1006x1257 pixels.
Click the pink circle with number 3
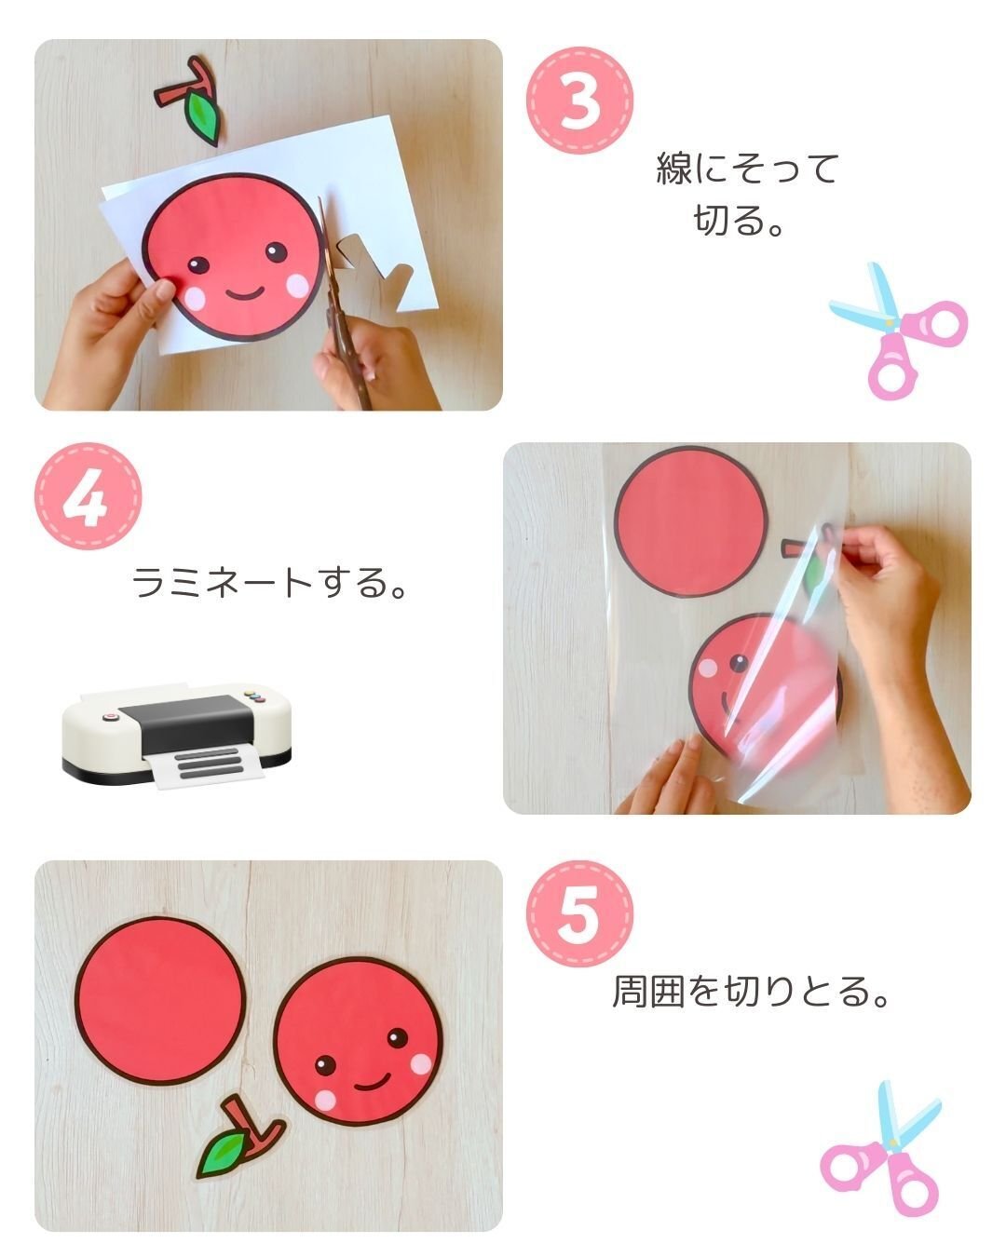pyautogui.click(x=579, y=101)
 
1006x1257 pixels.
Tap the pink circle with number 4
pyautogui.click(x=88, y=496)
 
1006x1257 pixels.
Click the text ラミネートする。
pyautogui.click(x=269, y=582)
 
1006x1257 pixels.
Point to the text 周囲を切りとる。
pyautogui.click(x=750, y=992)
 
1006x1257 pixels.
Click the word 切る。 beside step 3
pyautogui.click(x=739, y=221)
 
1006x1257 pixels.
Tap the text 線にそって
pyautogui.click(x=748, y=169)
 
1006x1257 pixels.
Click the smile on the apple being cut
pyautogui.click(x=245, y=292)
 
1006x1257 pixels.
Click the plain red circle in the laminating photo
pyautogui.click(x=690, y=521)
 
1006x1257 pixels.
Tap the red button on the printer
pyautogui.click(x=109, y=717)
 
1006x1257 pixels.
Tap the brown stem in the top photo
pyautogui.click(x=185, y=86)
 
